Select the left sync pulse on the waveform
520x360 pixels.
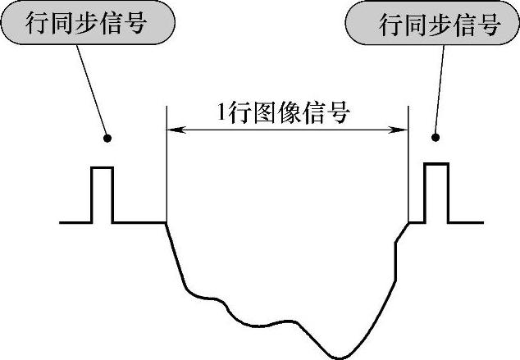[101, 194]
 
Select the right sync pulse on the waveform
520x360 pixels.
[436, 193]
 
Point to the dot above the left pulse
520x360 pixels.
[107, 137]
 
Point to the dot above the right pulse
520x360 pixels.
[436, 137]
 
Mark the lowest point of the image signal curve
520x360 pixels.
[340, 357]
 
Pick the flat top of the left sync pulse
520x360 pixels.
[101, 167]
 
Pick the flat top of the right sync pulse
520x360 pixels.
[436, 164]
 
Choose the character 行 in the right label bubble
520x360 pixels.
[390, 25]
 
